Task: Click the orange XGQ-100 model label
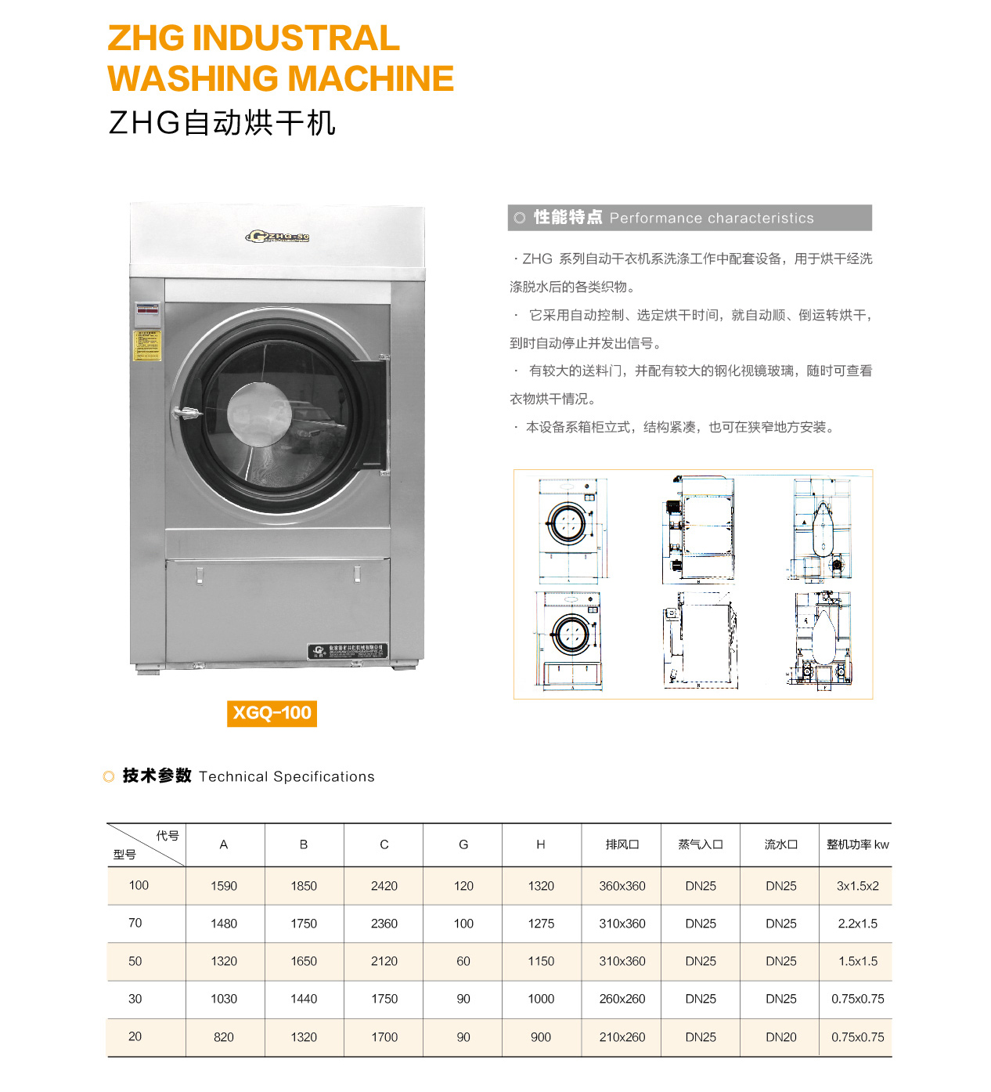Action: point(272,713)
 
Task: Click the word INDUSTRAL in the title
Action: point(296,38)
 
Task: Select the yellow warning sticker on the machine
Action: point(146,345)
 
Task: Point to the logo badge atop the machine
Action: point(278,237)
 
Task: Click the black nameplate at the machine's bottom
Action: point(348,651)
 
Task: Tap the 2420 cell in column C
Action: point(384,886)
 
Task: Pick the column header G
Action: point(463,844)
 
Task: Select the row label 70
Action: point(135,923)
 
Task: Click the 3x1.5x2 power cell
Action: point(857,886)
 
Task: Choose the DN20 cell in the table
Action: point(780,1037)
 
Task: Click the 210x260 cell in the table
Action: point(622,1037)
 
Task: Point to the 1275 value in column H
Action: point(541,924)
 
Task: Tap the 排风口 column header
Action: point(622,844)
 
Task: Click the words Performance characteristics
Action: point(712,219)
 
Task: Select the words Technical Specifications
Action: point(286,776)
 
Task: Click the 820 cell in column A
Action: point(224,1037)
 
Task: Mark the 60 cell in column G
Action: point(463,961)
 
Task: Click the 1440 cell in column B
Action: point(304,999)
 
